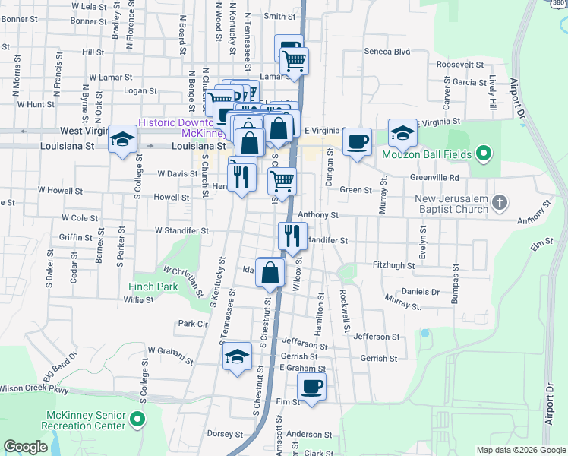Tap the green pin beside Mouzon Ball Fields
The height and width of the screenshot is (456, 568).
point(481,155)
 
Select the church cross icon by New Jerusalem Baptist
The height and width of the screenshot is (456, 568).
point(499,202)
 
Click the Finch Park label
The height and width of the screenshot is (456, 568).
point(153,287)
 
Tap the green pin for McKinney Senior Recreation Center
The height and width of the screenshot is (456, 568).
point(137,420)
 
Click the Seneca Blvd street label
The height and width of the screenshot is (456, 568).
point(387,52)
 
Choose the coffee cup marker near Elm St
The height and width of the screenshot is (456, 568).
point(311,386)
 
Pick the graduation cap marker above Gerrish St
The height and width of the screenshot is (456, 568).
point(238,356)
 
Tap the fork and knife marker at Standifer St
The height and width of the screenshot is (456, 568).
point(292,236)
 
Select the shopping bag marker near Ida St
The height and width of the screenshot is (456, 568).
point(270,273)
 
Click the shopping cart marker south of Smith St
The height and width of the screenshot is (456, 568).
point(294,62)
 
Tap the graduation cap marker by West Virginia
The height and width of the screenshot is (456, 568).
point(122,140)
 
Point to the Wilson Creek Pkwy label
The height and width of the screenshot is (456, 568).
point(33,389)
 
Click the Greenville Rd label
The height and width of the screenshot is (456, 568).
point(454,178)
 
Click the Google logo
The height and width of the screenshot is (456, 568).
point(26,447)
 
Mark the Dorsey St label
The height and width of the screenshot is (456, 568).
point(224,433)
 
